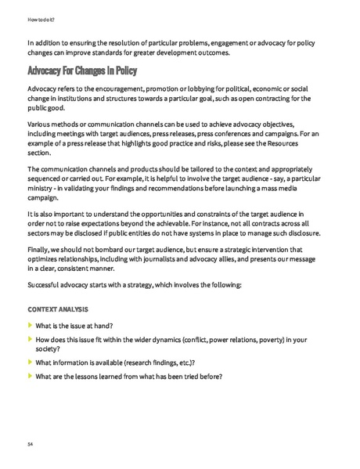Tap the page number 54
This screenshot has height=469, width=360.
[x=31, y=444]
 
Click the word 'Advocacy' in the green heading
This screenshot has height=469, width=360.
[x=50, y=71]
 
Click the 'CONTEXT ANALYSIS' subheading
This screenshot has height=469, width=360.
[x=57, y=309]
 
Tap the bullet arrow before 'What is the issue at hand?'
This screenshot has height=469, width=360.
[x=30, y=325]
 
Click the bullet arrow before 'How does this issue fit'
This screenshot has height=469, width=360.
[x=30, y=340]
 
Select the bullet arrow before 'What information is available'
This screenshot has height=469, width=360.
[x=30, y=362]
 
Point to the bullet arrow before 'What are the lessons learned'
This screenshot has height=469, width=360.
[x=30, y=377]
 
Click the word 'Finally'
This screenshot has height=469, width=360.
[x=39, y=250]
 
